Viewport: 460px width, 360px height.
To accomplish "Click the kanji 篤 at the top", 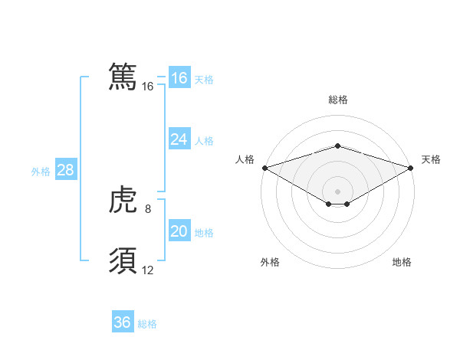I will (x=123, y=77).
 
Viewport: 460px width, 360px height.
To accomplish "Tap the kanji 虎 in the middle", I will (x=123, y=201).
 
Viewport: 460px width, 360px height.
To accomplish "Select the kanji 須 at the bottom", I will (x=123, y=261).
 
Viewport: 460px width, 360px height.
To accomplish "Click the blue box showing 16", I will (x=179, y=78).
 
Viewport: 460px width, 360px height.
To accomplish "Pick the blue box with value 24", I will (x=179, y=139).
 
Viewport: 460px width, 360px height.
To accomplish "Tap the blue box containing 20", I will (x=179, y=231).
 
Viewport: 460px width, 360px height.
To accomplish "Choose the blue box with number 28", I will (x=66, y=170).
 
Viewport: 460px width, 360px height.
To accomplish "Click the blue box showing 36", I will (x=123, y=322).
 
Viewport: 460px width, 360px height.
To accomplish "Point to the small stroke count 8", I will (x=148, y=209).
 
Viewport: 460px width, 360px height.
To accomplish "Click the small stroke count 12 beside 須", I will (x=148, y=270).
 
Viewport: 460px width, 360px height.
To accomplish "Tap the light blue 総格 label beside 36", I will (x=147, y=324).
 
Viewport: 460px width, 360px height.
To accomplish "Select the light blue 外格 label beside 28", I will (x=41, y=172).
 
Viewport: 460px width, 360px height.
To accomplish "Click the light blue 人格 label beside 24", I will (x=204, y=141).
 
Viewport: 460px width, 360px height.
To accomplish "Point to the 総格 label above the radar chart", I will (x=337, y=100).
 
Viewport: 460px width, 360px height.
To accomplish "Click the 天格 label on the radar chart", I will (x=431, y=159).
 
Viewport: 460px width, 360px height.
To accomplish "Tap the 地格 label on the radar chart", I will (x=402, y=262).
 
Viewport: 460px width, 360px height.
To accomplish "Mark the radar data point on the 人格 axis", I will (x=264, y=167).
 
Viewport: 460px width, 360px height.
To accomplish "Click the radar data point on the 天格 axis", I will (x=411, y=167).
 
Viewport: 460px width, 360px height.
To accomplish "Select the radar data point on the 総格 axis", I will (x=337, y=146).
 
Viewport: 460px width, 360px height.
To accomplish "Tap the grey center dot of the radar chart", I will (x=337, y=191).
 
